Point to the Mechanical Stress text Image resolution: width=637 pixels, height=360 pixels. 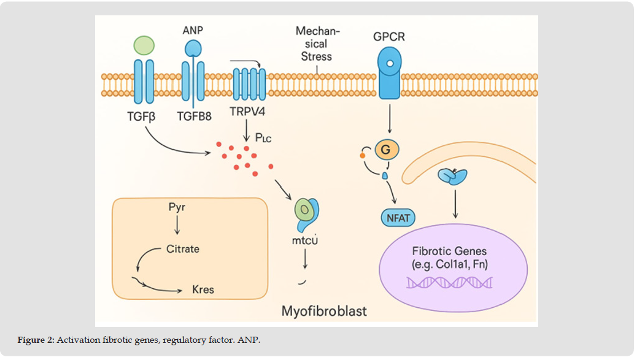(x=317, y=44)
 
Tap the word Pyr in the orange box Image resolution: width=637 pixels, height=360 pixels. (x=177, y=207)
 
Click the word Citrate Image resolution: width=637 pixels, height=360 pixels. (x=183, y=249)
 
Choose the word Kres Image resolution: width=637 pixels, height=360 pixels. (x=203, y=289)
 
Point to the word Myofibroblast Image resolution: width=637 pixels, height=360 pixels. (x=324, y=311)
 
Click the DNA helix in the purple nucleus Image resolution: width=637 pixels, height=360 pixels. (x=450, y=282)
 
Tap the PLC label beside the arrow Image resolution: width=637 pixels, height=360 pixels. (x=261, y=139)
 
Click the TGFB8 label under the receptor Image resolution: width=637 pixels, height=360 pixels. (x=194, y=113)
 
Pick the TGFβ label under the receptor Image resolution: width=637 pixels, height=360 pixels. (x=142, y=113)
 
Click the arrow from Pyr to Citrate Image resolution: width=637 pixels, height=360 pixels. (x=177, y=225)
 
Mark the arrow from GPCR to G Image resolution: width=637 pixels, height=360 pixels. (x=389, y=118)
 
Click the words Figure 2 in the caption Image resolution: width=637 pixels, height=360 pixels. (x=36, y=340)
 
